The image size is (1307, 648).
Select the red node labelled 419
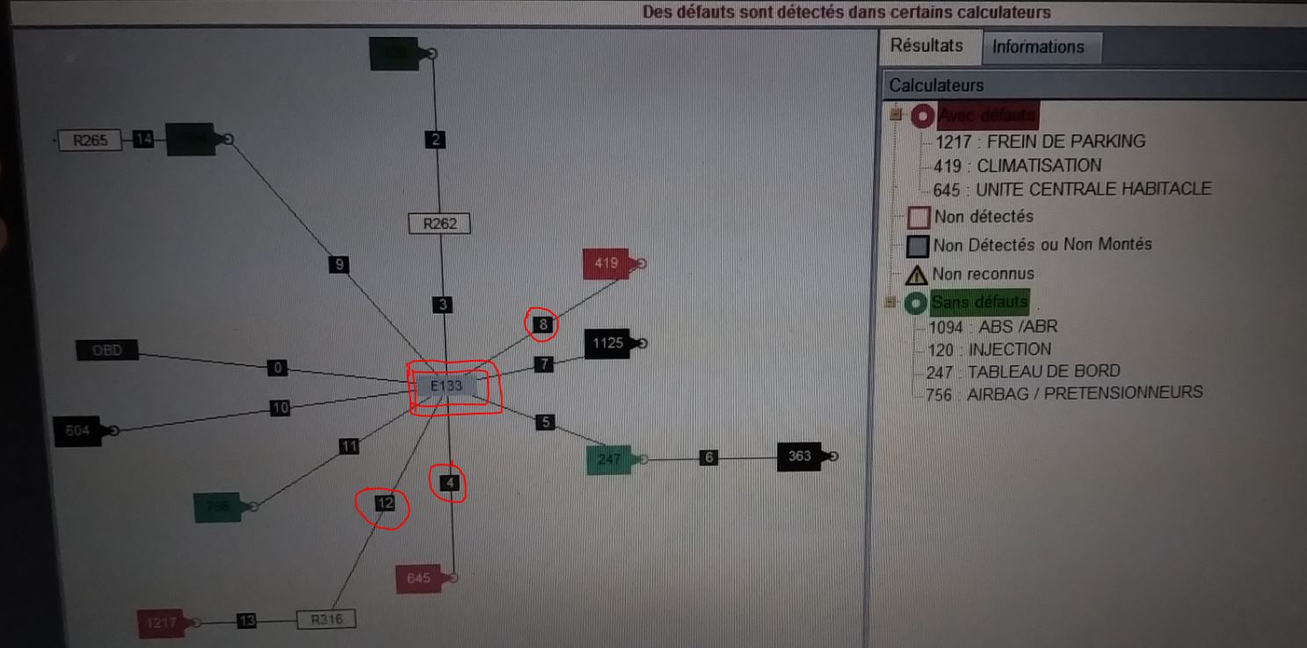point(607,263)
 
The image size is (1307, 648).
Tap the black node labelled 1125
point(608,343)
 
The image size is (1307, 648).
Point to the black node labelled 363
point(800,457)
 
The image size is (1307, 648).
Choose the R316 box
point(326,620)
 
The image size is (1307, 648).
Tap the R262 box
point(439,224)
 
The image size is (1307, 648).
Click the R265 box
point(89,140)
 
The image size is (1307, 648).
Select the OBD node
point(107,351)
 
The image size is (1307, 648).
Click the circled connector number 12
point(385,503)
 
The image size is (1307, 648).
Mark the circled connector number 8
point(543,325)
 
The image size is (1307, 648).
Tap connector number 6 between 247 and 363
point(709,457)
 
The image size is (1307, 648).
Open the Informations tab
point(1038,47)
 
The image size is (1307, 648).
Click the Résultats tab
point(926,46)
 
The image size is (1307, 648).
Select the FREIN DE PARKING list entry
point(1040,141)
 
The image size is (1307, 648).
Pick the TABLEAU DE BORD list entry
point(1023,371)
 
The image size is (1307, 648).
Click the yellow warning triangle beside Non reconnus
point(916,274)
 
